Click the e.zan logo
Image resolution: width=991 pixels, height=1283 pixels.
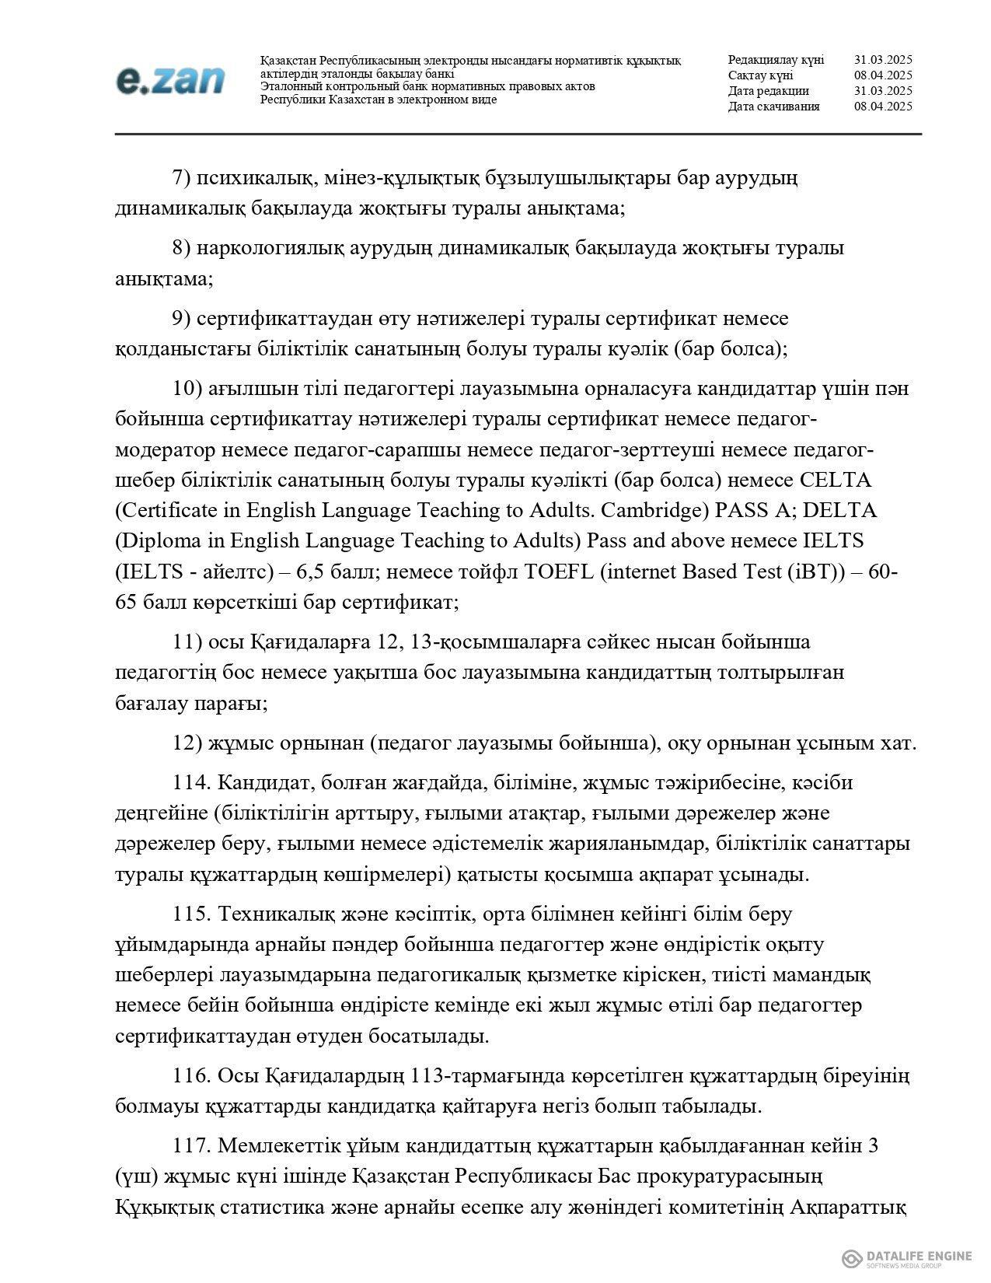[170, 80]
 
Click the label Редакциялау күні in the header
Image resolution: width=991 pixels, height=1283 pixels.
[776, 60]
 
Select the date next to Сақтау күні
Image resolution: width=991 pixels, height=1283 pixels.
[882, 75]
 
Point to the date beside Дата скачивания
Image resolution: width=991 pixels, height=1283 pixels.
[882, 107]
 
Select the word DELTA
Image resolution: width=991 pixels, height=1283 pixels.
[843, 510]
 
